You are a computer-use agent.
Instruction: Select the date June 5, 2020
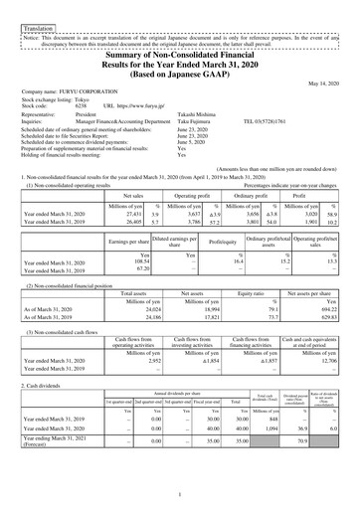[192, 141]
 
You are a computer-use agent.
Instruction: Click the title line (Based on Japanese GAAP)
[179, 71]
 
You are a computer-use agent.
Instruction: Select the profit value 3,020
[312, 213]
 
